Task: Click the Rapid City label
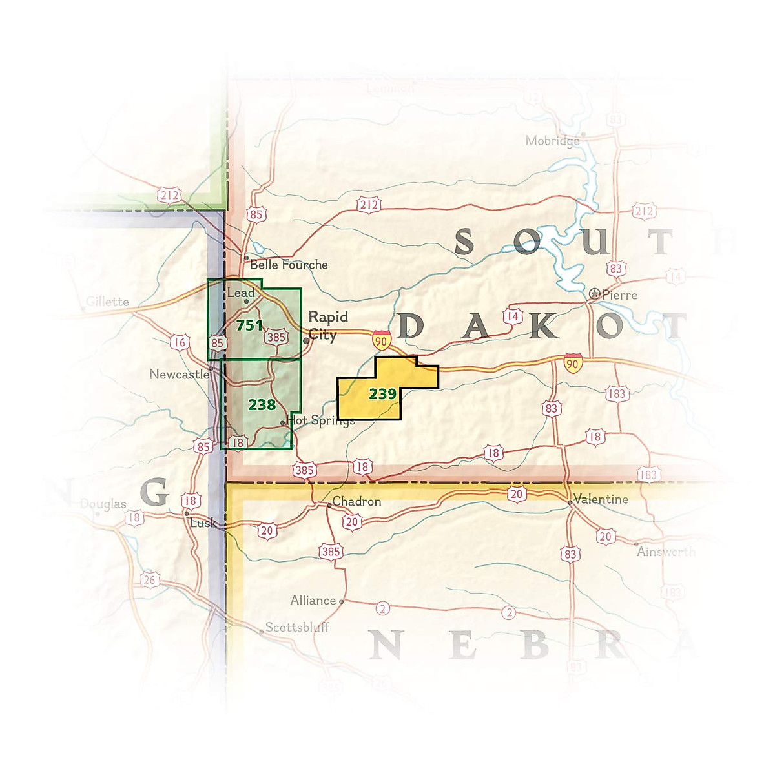point(328,325)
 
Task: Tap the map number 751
point(249,325)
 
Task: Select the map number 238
point(262,405)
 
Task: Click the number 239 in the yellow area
point(382,393)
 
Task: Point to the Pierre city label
point(619,295)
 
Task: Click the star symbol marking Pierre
point(595,294)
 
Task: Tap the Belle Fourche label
point(289,265)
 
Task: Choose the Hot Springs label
point(321,420)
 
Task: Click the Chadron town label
point(356,502)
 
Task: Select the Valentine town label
point(601,499)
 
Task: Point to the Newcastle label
point(179,375)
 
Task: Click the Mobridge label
point(552,141)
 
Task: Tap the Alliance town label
point(313,601)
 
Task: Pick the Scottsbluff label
point(297,627)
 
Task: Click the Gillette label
point(107,302)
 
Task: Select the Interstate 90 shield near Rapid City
point(382,340)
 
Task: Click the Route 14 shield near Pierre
point(512,316)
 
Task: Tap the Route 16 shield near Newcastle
point(180,342)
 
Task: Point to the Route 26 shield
point(149,580)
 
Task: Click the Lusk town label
point(203,522)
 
